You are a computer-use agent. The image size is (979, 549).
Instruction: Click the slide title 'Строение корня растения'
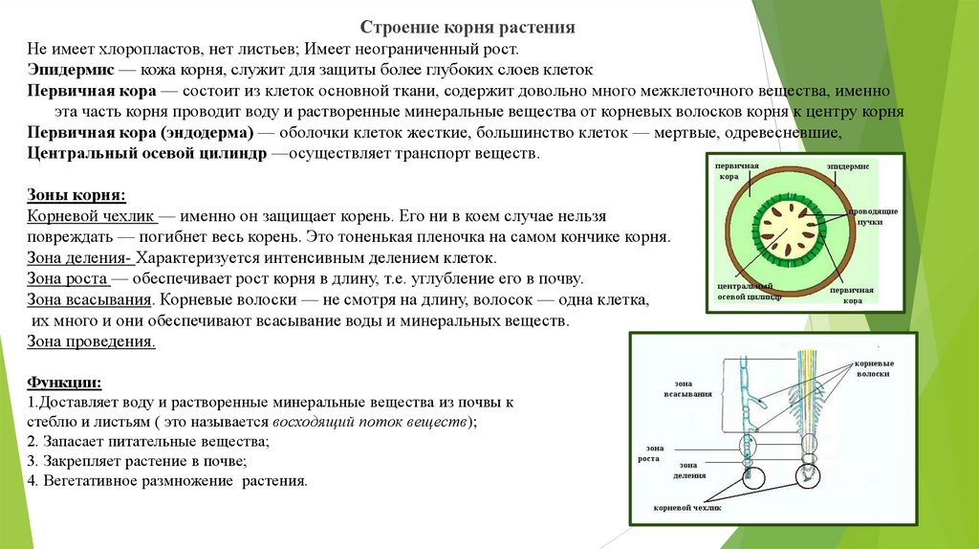tap(468, 28)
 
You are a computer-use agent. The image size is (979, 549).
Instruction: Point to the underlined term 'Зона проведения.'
tap(92, 340)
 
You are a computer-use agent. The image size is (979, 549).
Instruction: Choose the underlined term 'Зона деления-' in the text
tap(80, 258)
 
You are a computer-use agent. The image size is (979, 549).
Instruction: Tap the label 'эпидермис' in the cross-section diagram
tap(848, 166)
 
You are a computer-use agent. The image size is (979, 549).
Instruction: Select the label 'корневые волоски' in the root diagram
tap(874, 369)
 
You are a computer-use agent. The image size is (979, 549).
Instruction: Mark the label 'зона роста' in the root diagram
tap(649, 452)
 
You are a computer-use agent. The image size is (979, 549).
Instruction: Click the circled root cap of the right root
tap(808, 472)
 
